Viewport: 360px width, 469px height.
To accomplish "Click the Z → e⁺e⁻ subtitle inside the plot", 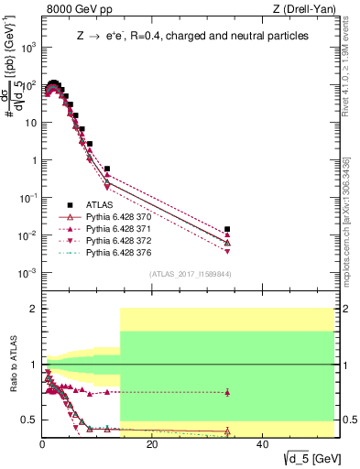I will point(191,36).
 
